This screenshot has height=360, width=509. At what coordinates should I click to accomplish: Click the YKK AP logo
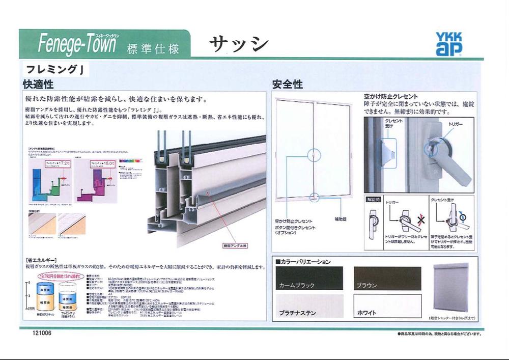click(x=448, y=44)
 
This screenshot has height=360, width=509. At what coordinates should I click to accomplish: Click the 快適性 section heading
click(x=38, y=84)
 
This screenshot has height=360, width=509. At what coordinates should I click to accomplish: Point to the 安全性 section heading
click(x=288, y=84)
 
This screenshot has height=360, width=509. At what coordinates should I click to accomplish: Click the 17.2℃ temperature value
click(x=64, y=162)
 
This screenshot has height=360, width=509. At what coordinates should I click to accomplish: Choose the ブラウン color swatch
click(x=387, y=278)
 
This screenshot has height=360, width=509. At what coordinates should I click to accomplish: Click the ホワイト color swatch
click(x=387, y=306)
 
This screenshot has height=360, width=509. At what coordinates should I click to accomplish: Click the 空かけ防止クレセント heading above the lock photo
click(x=391, y=96)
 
